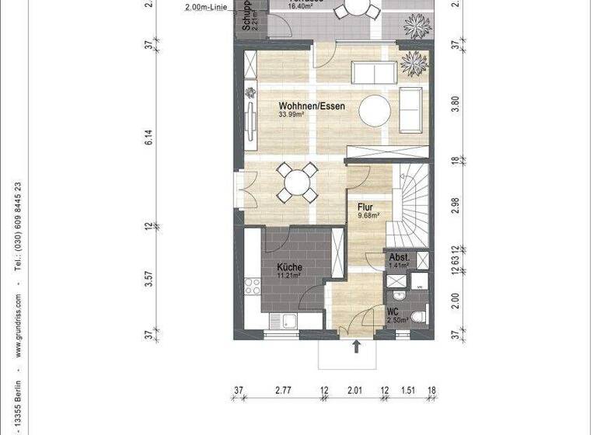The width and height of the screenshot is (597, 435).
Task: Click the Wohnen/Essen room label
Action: [x=312, y=106]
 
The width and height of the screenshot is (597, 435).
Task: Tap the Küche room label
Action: [x=290, y=267]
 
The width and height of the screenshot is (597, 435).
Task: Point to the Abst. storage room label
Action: [x=399, y=258]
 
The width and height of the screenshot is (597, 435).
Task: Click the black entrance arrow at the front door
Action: [x=357, y=346]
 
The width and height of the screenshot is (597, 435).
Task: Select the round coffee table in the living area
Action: [x=375, y=109]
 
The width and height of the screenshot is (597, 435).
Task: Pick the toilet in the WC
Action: [x=418, y=315]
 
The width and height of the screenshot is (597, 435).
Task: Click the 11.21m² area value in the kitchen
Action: [x=288, y=276]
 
